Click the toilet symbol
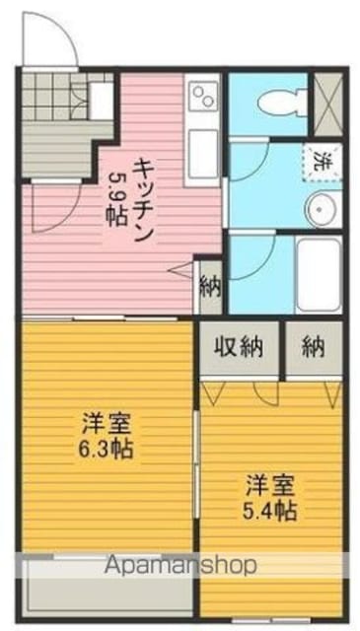click(x=282, y=103)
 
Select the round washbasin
click(x=321, y=209)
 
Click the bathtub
click(x=319, y=274)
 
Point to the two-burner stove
click(x=203, y=97)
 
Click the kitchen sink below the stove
click(x=203, y=153)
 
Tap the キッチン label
click(x=144, y=200)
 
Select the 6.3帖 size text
click(x=106, y=450)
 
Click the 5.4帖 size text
click(x=270, y=511)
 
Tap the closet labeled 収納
click(x=240, y=346)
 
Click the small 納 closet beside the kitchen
click(x=211, y=287)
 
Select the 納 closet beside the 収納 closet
click(x=314, y=346)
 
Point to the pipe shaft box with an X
click(x=327, y=105)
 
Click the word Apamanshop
click(x=180, y=565)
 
